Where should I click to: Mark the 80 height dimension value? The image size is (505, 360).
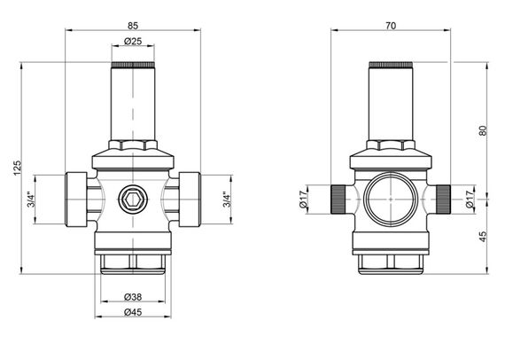482,129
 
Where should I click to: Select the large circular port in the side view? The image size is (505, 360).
391,200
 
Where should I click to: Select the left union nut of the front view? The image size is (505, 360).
76,199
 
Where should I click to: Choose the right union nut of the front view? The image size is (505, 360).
190,199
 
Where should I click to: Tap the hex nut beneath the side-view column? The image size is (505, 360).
391,145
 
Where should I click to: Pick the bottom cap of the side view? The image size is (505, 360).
391,260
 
